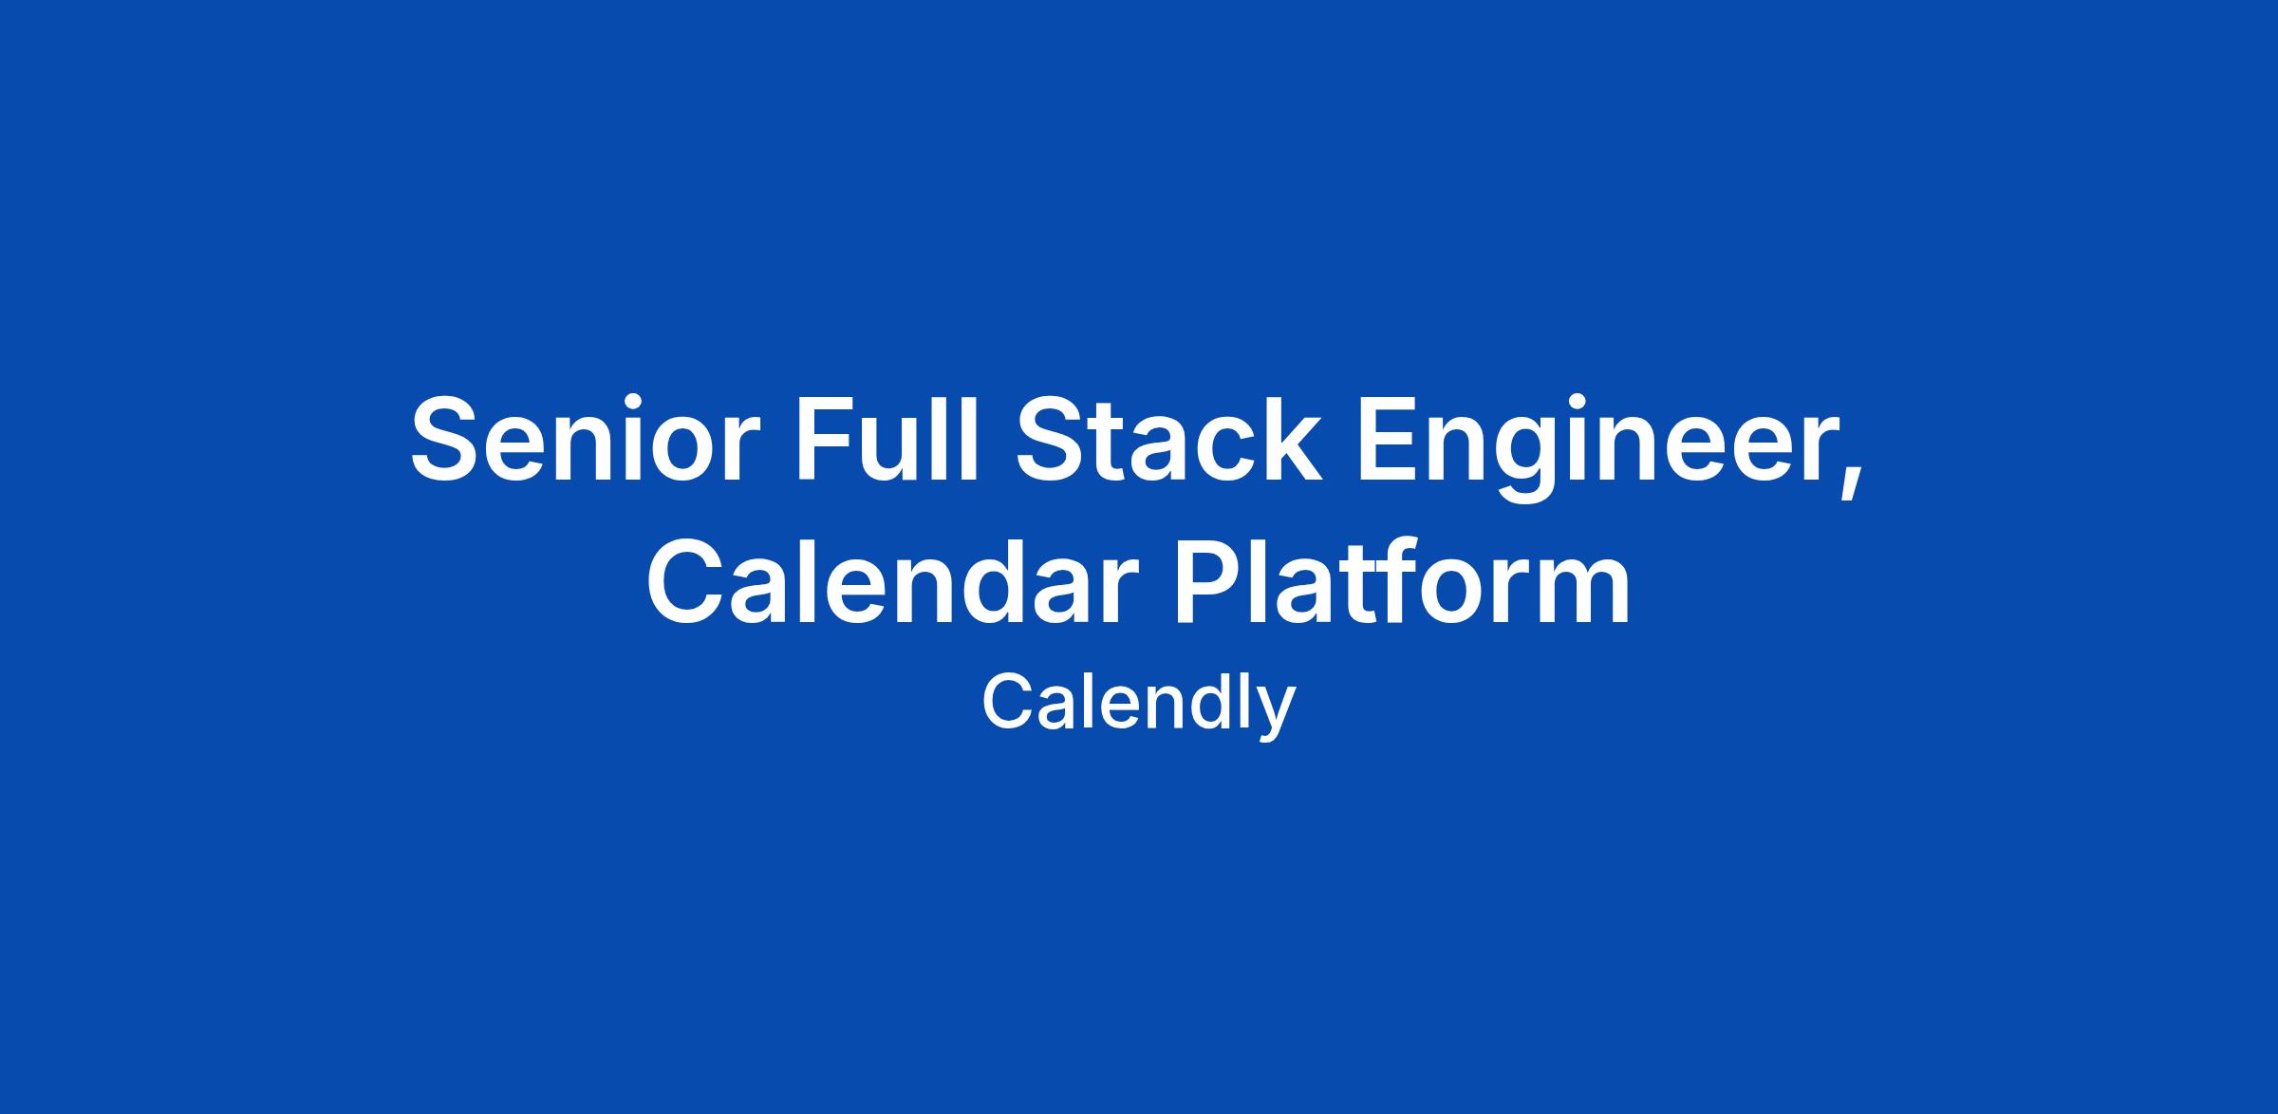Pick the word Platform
coord(1401,580)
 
